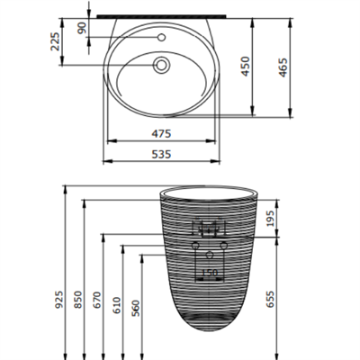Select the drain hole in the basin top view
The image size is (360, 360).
click(162, 65)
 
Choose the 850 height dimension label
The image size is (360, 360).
click(79, 300)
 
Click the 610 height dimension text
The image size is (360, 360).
click(117, 304)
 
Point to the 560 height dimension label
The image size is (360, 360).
click(136, 306)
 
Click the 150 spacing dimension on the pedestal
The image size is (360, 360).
click(209, 272)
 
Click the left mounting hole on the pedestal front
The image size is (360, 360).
click(195, 247)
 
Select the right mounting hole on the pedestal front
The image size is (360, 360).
click(221, 247)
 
